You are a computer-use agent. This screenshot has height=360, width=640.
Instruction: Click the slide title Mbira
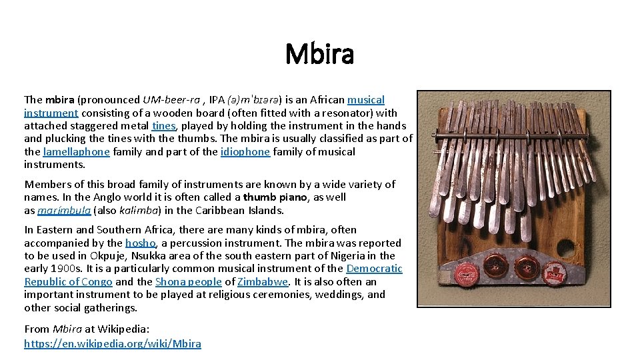click(319, 54)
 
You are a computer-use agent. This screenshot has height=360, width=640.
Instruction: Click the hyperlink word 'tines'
click(163, 126)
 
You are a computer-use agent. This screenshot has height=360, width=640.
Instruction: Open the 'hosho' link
click(141, 243)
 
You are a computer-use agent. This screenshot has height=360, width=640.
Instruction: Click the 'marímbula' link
click(64, 211)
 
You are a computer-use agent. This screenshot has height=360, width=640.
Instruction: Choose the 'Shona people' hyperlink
click(189, 282)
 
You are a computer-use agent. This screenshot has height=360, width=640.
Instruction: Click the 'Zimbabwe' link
click(263, 282)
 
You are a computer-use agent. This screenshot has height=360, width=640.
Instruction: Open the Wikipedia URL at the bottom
click(112, 344)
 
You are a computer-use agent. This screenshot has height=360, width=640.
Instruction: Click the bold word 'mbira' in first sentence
click(60, 100)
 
